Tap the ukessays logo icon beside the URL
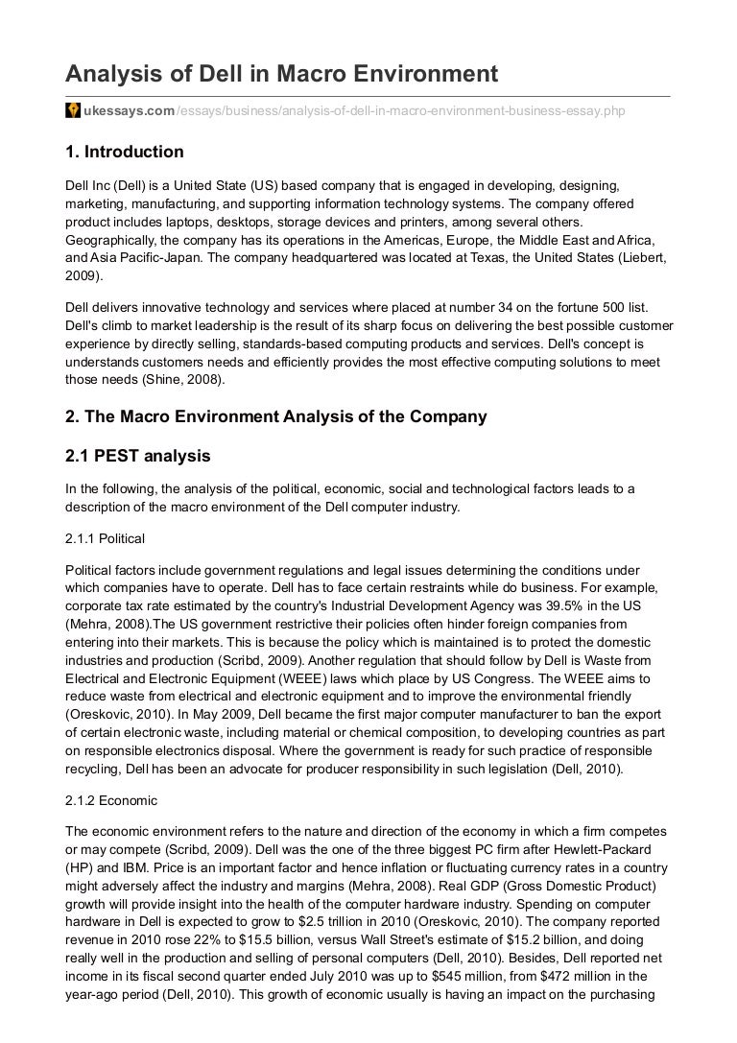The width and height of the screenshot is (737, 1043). [73, 111]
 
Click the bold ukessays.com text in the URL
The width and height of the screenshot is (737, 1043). [130, 111]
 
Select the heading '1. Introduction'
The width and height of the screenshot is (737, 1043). [124, 152]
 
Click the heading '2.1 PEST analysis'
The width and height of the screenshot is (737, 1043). [137, 455]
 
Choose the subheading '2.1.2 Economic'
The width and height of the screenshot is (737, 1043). [111, 799]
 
